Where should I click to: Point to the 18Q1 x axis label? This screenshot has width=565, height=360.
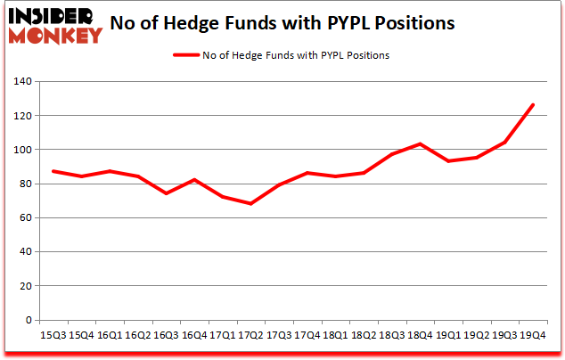[x=335, y=335]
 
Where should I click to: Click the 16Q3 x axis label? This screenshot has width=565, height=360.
[x=167, y=335]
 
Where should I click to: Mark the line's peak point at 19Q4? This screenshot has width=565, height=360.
[x=532, y=105]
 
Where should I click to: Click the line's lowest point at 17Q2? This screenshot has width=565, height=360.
[x=251, y=204]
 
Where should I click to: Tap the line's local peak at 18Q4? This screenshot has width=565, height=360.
[x=420, y=144]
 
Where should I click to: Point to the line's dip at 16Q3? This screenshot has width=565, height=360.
[x=167, y=193]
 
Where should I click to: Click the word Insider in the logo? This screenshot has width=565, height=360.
[x=55, y=16]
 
